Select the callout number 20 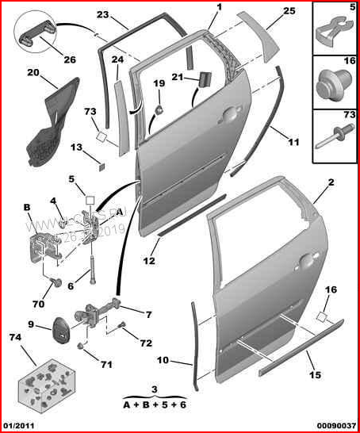[x=33, y=73]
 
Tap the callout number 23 [x=103, y=15]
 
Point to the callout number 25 [x=289, y=11]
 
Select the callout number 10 [x=162, y=361]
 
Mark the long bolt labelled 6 [x=94, y=262]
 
